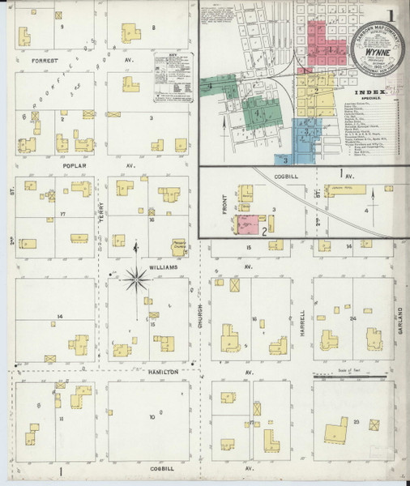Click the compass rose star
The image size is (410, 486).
(138, 282)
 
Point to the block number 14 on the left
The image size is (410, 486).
(59, 315)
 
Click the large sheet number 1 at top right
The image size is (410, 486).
(391, 15)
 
